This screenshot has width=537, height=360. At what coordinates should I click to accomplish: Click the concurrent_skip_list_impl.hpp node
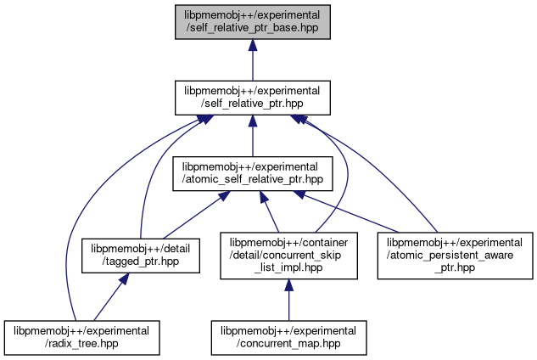[x=288, y=255]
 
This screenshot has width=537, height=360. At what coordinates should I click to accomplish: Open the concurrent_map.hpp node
[x=288, y=336]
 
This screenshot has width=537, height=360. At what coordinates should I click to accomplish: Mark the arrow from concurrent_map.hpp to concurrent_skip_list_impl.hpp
[x=288, y=302]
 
